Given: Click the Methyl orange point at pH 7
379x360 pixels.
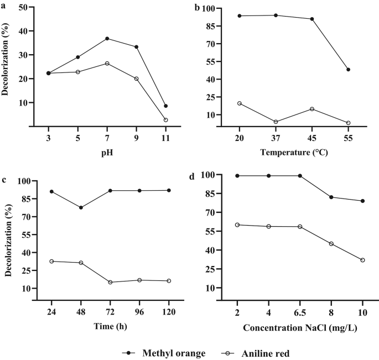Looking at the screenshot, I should pyautogui.click(x=107, y=39).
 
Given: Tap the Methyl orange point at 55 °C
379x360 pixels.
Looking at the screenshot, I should pyautogui.click(x=348, y=70).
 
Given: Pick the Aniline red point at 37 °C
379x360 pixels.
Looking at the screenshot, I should pyautogui.click(x=276, y=122).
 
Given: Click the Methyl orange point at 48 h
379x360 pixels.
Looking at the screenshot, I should pyautogui.click(x=81, y=208).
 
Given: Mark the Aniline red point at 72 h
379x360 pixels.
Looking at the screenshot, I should pyautogui.click(x=110, y=283).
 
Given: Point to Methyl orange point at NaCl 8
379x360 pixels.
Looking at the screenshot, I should pyautogui.click(x=331, y=197).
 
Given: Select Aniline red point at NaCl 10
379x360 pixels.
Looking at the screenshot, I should pyautogui.click(x=362, y=260).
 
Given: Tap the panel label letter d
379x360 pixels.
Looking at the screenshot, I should pyautogui.click(x=191, y=178).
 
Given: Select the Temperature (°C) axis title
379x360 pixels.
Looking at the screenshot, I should pyautogui.click(x=293, y=152).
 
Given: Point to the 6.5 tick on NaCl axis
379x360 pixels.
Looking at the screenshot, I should pyautogui.click(x=300, y=312).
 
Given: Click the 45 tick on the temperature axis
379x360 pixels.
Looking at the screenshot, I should pyautogui.click(x=312, y=138).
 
